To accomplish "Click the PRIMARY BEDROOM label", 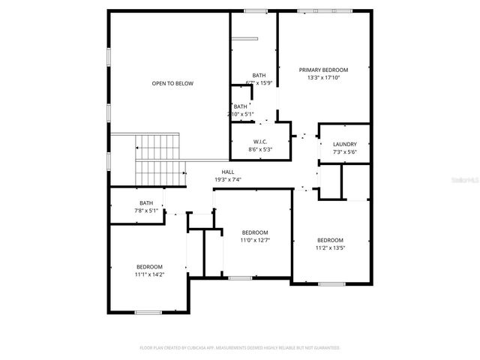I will coord(323,70).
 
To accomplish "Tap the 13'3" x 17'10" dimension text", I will coord(323,77).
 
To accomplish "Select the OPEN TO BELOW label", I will coord(172,83).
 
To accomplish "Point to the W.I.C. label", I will coord(260,142).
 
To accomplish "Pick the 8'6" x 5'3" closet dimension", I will coord(260,149).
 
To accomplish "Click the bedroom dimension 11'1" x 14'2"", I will coord(149,274).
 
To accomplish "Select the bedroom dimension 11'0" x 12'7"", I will coord(254,240).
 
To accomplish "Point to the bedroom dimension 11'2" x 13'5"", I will coord(330,247).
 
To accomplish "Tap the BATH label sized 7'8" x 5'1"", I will coord(146,203).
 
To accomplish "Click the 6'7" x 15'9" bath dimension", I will coord(259,82).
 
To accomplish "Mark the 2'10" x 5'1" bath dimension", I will coord(241,114).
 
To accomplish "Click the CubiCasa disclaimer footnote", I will coord(240,348).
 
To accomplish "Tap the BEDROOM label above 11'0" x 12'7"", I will coord(254,232).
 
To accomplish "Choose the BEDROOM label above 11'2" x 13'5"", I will coord(330,240).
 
